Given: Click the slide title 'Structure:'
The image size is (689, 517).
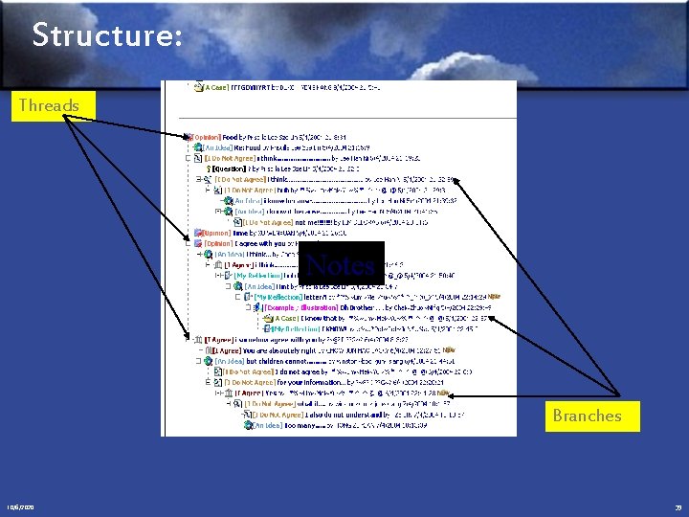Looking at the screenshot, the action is tap(105, 37).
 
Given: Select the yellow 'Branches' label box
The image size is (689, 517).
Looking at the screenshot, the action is tap(586, 416).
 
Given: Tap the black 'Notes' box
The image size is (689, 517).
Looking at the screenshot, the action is tap(342, 263).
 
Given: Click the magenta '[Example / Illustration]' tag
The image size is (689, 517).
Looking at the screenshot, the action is tap(300, 307).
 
